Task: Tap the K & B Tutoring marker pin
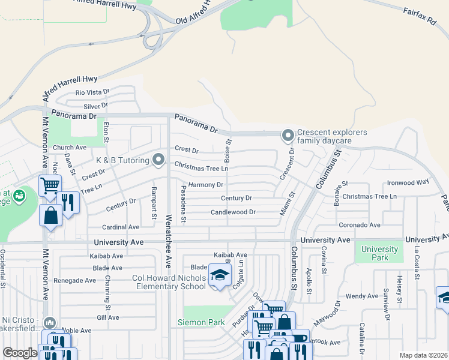point(158,160)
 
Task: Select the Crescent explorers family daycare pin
point(288,136)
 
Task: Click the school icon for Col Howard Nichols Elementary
point(220,276)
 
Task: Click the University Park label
point(379,253)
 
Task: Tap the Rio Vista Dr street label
point(92,92)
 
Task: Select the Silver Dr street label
point(96,106)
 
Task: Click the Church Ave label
point(70,148)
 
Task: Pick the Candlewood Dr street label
point(233,212)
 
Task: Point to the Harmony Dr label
point(206,185)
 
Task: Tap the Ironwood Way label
point(408,182)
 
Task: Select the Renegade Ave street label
point(74,280)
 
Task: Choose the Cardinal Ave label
point(120,227)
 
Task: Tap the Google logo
point(20,353)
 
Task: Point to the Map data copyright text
point(423,355)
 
